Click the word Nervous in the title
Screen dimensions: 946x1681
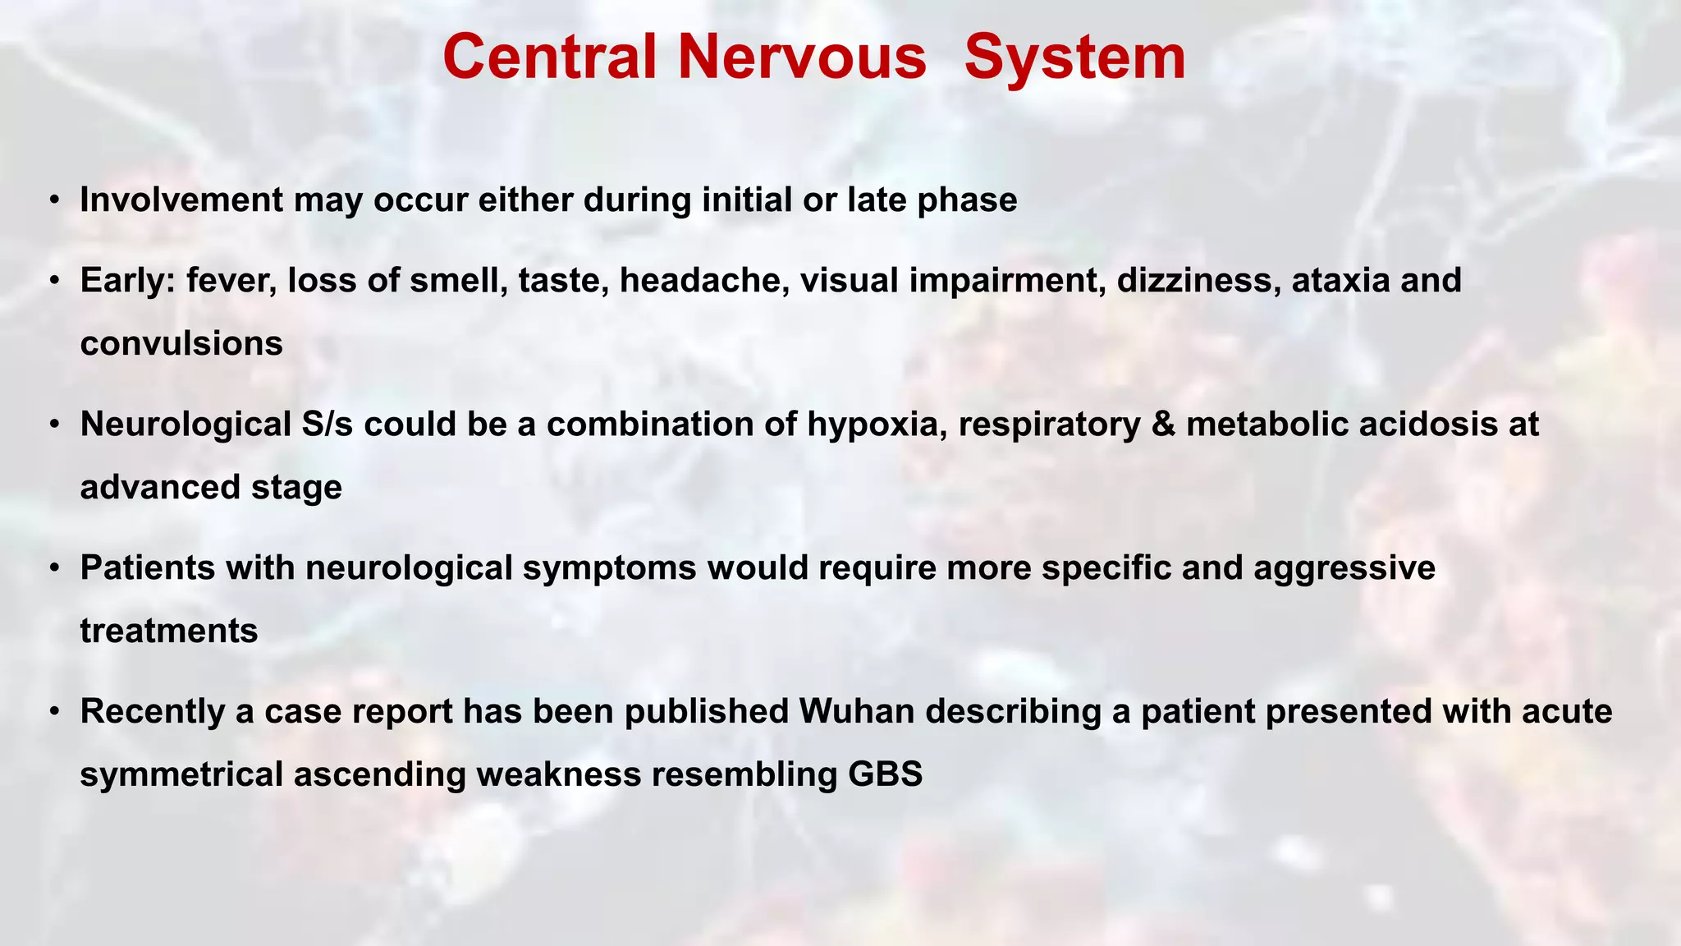click(802, 57)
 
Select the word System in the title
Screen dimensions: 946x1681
click(1074, 57)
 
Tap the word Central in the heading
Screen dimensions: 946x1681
click(549, 57)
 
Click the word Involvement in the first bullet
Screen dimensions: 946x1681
click(181, 200)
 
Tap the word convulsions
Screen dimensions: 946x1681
click(181, 343)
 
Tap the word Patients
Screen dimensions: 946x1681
click(148, 568)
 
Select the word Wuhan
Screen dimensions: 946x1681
click(857, 711)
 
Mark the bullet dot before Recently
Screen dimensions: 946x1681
click(53, 711)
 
